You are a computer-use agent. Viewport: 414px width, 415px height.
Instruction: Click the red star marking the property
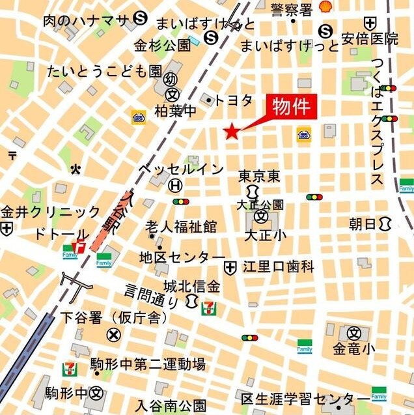coord(231,132)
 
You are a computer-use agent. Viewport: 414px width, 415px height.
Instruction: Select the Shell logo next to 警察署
coord(324,8)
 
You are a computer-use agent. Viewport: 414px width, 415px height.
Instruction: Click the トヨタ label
coord(233,100)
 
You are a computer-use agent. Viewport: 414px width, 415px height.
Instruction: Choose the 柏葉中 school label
coord(175,111)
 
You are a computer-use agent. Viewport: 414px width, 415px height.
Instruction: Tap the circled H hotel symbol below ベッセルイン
coord(174,186)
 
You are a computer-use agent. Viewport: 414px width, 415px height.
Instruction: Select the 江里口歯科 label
coord(279,267)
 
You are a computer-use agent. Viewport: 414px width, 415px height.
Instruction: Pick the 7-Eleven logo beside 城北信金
coord(210,306)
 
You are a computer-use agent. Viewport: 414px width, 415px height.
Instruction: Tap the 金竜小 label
coord(353,349)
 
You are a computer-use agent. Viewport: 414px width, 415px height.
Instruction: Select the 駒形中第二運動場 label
coord(148,364)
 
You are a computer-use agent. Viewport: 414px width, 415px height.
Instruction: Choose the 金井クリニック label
coord(51,212)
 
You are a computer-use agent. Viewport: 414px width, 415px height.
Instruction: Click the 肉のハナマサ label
coord(85,20)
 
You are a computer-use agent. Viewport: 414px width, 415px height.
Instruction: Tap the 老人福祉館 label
coord(181,227)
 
